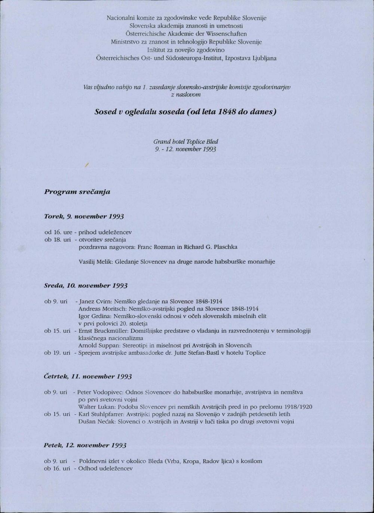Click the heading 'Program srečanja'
click(77, 192)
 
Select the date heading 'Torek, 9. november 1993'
click(84, 217)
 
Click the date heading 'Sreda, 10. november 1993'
click(86, 285)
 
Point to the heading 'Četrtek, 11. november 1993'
click(88, 376)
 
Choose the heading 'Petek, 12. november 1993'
click(85, 445)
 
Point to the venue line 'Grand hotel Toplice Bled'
click(186, 142)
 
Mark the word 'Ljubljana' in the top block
click(264, 58)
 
